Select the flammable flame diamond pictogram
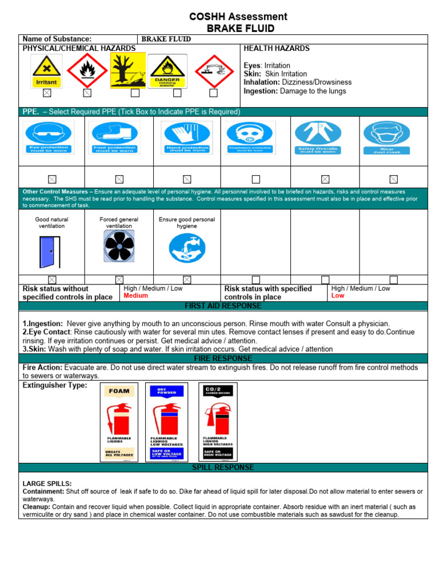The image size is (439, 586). [x=87, y=71]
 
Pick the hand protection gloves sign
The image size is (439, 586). [x=186, y=137]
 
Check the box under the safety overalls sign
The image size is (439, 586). [x=325, y=179]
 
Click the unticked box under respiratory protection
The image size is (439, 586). [x=256, y=179]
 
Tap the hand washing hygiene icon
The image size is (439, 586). [x=186, y=248]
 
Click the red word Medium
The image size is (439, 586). [x=135, y=296]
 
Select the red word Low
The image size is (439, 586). [x=338, y=296]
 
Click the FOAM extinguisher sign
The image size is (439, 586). [x=119, y=422]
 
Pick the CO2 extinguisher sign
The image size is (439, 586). [x=217, y=422]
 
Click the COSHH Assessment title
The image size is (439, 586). [x=238, y=17]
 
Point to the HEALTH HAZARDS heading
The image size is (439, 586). [x=277, y=49]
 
